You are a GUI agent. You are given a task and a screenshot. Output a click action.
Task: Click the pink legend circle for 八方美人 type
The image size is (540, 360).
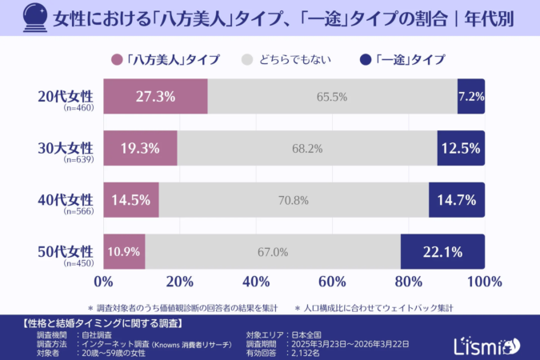pos(118,59)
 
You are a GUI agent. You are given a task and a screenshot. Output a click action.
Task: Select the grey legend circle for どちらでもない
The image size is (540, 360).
pos(247,59)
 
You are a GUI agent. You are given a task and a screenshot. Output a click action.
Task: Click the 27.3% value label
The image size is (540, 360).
pos(155,97)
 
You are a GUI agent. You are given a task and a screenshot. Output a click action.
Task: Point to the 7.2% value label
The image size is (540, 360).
pos(471,97)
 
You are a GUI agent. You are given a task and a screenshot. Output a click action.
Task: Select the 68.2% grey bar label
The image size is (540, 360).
pos(307,148)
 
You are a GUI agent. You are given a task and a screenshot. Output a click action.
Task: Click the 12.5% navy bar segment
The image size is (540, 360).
pos(461,148)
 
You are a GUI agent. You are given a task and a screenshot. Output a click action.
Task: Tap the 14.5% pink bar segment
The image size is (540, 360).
pos(131,200)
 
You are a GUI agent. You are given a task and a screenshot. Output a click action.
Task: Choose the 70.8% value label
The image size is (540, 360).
pos(294,200)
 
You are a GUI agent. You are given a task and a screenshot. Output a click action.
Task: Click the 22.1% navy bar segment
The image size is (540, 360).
pos(442,252)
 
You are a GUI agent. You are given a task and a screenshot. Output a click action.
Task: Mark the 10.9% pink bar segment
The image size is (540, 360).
pos(124,252)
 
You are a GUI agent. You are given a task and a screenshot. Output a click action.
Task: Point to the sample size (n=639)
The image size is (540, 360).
pos(78,161)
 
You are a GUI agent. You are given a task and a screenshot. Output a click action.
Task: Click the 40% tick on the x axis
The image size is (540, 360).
pos(255,282)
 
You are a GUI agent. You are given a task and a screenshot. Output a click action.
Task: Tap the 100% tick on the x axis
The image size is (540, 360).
pos(484,282)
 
